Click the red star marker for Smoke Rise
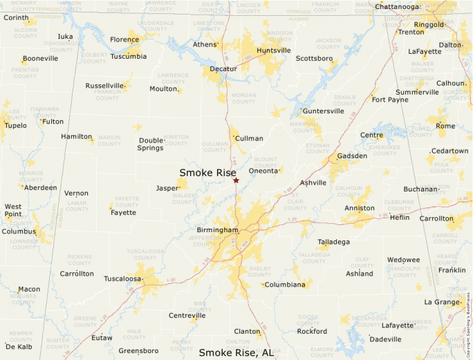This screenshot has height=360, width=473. pyautogui.click(x=236, y=180)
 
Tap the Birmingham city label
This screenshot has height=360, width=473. pyautogui.click(x=216, y=230)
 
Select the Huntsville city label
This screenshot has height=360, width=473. pyautogui.click(x=273, y=50)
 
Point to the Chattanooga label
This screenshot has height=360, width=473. pyautogui.click(x=398, y=7)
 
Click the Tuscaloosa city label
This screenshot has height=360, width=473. pyautogui.click(x=122, y=278)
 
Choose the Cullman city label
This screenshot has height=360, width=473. pyautogui.click(x=250, y=138)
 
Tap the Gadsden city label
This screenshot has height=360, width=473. pyautogui.click(x=352, y=155)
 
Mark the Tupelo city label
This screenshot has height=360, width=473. pyautogui.click(x=15, y=126)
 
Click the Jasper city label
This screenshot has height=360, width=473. pyautogui.click(x=167, y=188)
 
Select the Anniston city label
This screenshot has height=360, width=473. pyautogui.click(x=360, y=208)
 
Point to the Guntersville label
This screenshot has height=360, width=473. pyautogui.click(x=324, y=111)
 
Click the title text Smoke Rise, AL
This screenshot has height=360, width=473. pyautogui.click(x=236, y=352)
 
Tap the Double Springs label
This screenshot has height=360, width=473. pyautogui.click(x=151, y=144)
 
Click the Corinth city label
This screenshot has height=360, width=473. pyautogui.click(x=16, y=17)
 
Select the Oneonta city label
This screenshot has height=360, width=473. pyautogui.click(x=263, y=170)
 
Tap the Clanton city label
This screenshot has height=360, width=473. pyautogui.click(x=247, y=332)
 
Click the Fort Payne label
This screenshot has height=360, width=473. pyautogui.click(x=389, y=100)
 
